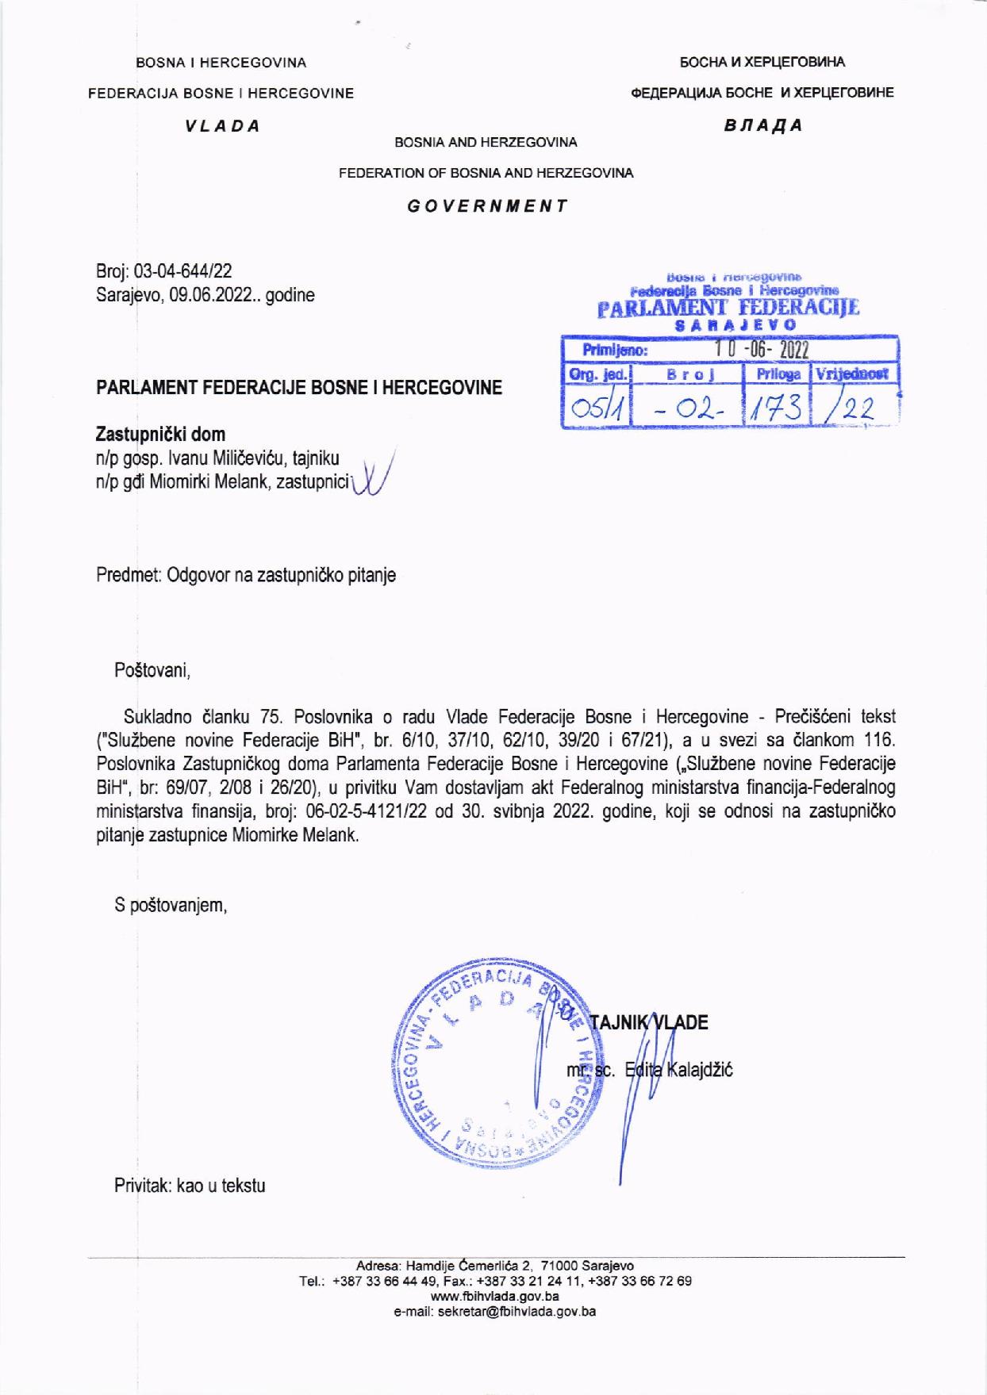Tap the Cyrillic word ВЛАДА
point(763,125)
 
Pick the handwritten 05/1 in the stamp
point(594,408)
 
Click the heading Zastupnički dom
point(160,435)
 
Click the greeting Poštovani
point(153,671)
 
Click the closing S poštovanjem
point(171,905)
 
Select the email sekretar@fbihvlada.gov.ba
point(494,1311)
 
